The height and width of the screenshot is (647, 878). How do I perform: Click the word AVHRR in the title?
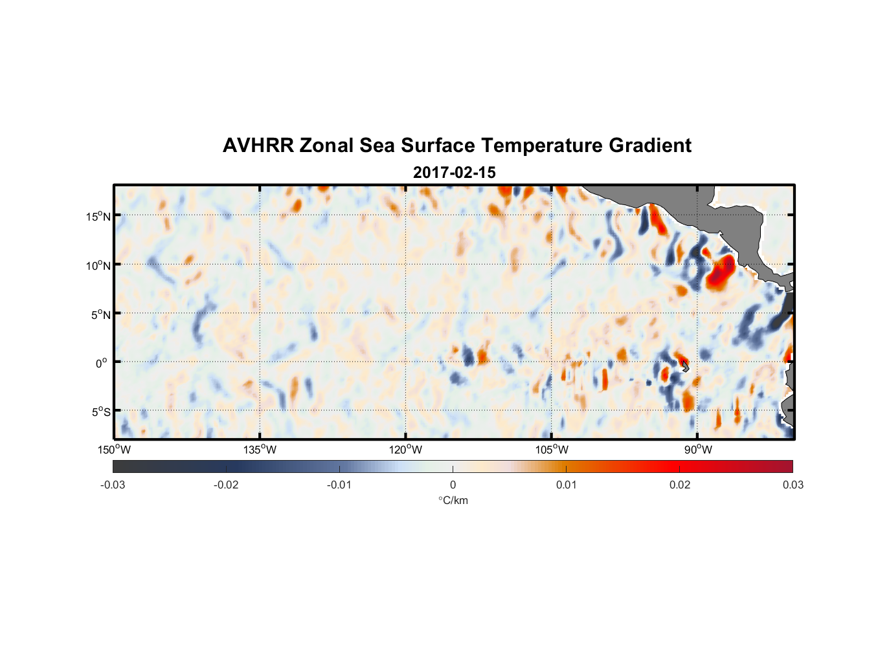click(258, 146)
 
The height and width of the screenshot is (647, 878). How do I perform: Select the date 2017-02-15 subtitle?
click(454, 173)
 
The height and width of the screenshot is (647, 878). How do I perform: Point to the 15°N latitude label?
click(98, 216)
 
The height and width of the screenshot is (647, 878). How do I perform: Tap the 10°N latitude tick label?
click(98, 265)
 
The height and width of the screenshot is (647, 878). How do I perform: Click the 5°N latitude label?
click(100, 314)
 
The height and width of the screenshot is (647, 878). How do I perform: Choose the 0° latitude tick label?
click(102, 363)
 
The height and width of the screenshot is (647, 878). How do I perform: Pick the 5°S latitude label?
click(100, 411)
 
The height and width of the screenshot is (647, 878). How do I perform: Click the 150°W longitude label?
click(114, 450)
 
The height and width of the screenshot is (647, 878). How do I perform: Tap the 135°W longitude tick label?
click(260, 450)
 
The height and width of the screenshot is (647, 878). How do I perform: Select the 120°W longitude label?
click(405, 450)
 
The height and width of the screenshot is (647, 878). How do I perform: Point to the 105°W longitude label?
click(552, 450)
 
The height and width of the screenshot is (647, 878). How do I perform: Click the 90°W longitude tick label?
click(697, 450)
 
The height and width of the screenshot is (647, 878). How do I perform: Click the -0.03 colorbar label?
click(113, 485)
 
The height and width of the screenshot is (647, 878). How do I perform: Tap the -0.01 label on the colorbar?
click(339, 485)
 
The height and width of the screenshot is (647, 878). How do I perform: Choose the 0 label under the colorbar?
click(453, 485)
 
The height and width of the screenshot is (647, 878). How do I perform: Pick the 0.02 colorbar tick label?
click(680, 485)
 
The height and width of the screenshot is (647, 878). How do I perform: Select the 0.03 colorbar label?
click(793, 485)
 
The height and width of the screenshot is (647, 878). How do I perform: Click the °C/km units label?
click(453, 500)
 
